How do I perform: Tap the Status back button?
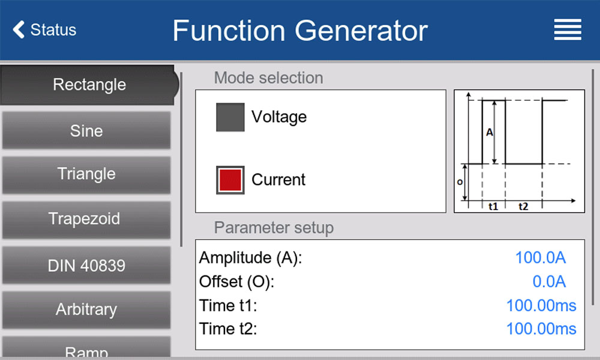[x=44, y=29]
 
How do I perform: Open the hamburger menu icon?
[x=568, y=29]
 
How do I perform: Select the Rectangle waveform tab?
[x=89, y=85]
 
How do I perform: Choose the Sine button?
[x=86, y=130]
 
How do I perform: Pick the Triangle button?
[x=86, y=174]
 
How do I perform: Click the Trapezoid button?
[x=86, y=219]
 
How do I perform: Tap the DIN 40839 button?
[x=86, y=265]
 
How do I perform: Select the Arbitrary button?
[x=86, y=310]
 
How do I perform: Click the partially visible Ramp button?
[x=86, y=347]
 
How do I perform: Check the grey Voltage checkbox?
[x=230, y=117]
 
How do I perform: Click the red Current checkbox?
[x=230, y=180]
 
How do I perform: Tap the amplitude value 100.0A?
[x=541, y=258]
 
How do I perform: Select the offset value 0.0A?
[x=549, y=281]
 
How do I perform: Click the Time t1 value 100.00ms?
[x=541, y=305]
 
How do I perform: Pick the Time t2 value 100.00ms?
[x=541, y=329]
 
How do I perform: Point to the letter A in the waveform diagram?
[x=490, y=133]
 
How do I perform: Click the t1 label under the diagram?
[x=493, y=206]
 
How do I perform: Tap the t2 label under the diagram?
[x=523, y=206]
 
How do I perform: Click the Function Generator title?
[x=300, y=31]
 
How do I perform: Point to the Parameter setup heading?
[x=274, y=227]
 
